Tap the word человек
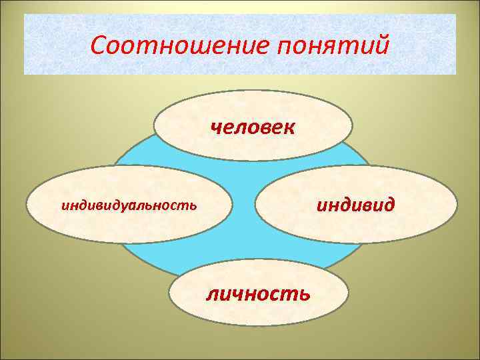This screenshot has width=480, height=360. click(x=253, y=126)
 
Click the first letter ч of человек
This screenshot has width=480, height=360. click(x=216, y=127)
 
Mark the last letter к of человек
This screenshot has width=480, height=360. click(x=289, y=127)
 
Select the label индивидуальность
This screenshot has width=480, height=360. click(x=129, y=204)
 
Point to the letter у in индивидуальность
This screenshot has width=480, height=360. click(x=131, y=205)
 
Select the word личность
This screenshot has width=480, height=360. click(x=258, y=293)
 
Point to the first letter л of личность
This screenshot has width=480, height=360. click(x=211, y=293)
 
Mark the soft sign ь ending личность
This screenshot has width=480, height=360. click(x=304, y=293)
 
